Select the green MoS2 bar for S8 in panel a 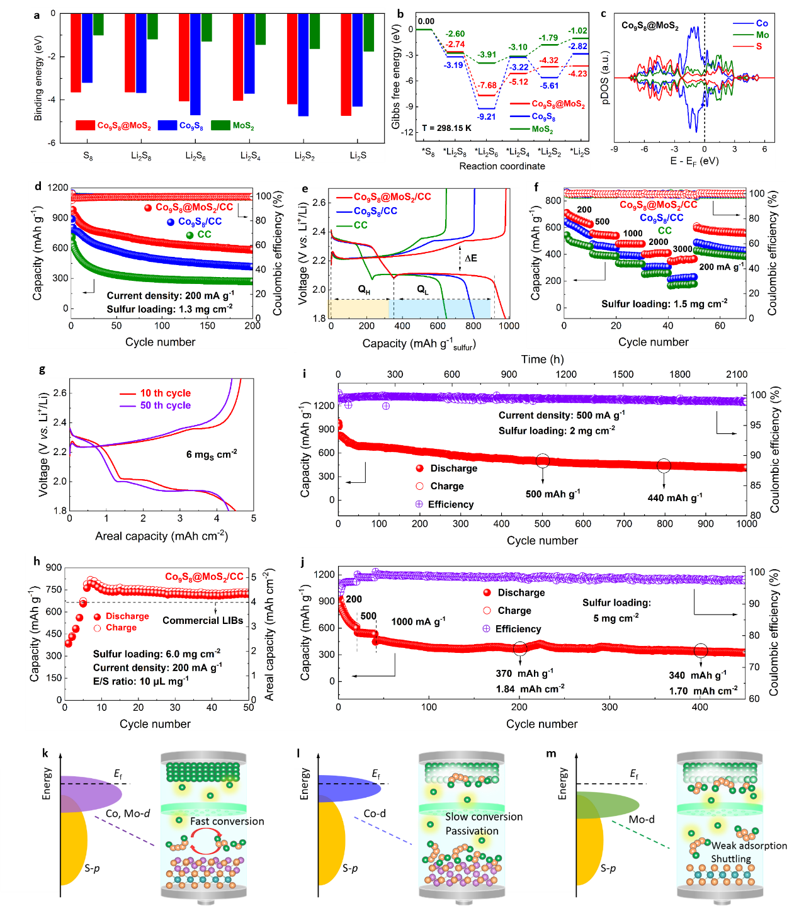tap(98, 24)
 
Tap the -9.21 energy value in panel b tap(486, 116)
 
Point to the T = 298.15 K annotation tap(446, 128)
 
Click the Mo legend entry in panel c tap(762, 35)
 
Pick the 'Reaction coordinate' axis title tap(502, 166)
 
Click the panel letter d tap(38, 187)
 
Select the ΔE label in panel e tap(470, 258)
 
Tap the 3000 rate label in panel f tap(682, 249)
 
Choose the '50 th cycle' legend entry tap(165, 405)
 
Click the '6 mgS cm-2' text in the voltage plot tap(211, 454)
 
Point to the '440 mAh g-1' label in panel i tap(674, 498)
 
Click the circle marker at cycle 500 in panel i tap(543, 461)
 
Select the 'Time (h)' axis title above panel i tap(542, 360)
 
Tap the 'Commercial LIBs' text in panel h tap(203, 620)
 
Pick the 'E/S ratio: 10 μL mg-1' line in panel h tap(141, 681)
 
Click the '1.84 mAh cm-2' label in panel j tap(530, 689)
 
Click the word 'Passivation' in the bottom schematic tap(472, 831)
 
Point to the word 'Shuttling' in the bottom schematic tap(731, 859)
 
